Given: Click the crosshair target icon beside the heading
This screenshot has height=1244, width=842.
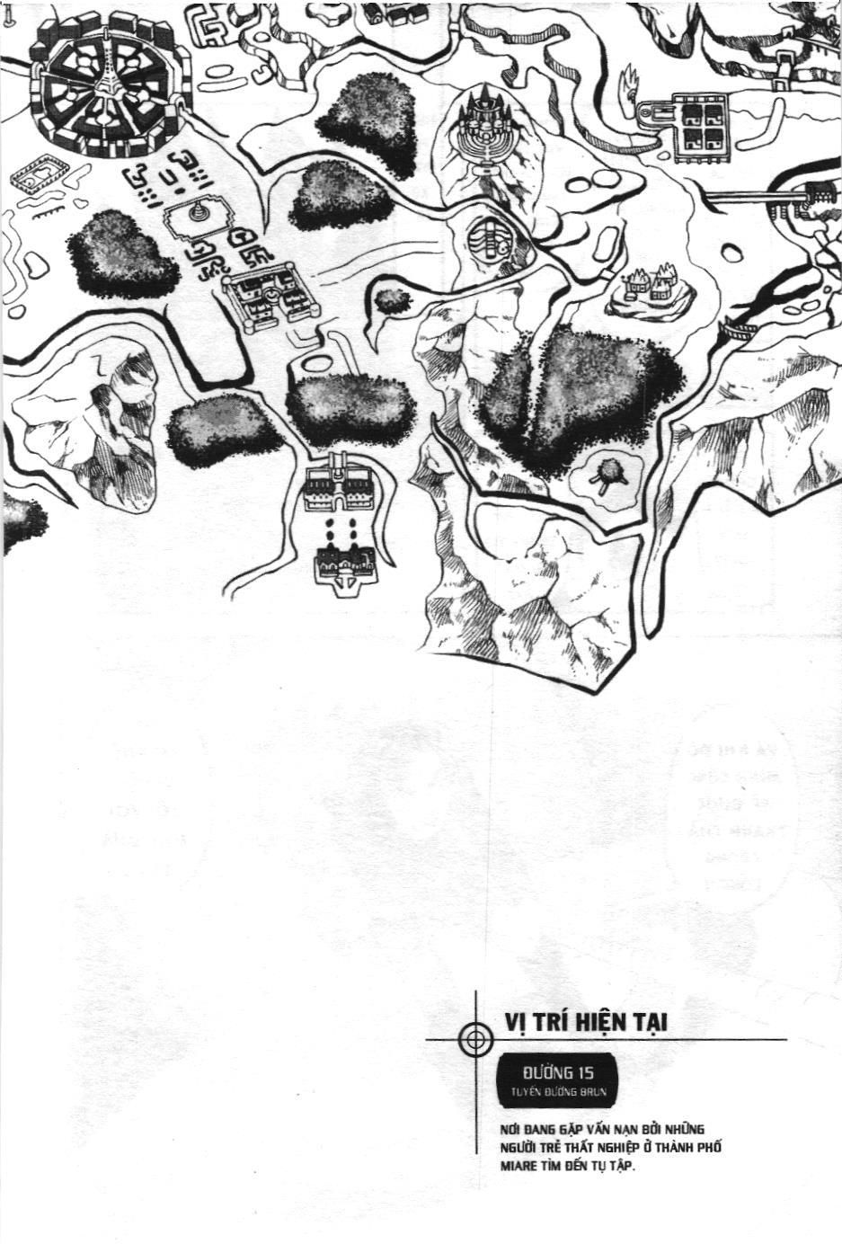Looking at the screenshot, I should [x=475, y=1040].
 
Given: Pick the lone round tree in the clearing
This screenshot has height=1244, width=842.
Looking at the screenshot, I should [x=609, y=473].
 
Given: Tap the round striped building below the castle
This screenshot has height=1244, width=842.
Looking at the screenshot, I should [x=489, y=241].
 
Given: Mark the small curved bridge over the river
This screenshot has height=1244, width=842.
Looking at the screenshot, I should [x=739, y=333].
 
